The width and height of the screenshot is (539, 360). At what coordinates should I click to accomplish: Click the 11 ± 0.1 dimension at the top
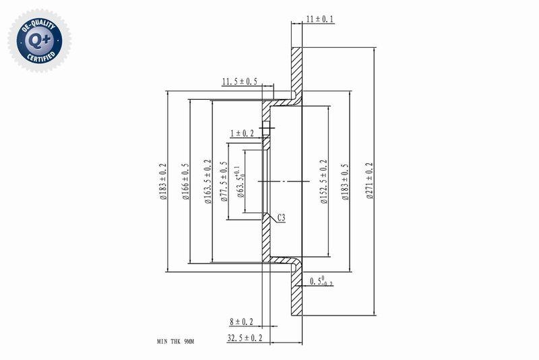(319, 20)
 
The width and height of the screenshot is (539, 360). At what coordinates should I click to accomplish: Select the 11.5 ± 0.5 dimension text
(240, 82)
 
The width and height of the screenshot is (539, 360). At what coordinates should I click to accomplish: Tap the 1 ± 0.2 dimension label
(242, 133)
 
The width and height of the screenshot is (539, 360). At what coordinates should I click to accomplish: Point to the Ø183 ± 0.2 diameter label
(162, 182)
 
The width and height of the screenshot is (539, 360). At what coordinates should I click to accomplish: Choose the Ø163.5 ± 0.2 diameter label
(207, 182)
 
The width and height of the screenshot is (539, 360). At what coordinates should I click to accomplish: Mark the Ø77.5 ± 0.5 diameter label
(224, 182)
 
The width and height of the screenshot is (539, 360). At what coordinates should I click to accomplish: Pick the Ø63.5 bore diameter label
(240, 182)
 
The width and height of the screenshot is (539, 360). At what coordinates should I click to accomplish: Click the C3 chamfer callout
(282, 217)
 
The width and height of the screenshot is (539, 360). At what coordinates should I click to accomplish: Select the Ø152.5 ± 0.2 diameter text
(323, 182)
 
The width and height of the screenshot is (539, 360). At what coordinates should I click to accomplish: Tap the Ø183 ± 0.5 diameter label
(345, 182)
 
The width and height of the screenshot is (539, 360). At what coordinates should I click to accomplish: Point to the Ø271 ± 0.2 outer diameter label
(368, 182)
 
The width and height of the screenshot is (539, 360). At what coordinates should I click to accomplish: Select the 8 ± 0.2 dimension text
(241, 322)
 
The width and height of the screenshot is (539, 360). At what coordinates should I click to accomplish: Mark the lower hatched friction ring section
(296, 293)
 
